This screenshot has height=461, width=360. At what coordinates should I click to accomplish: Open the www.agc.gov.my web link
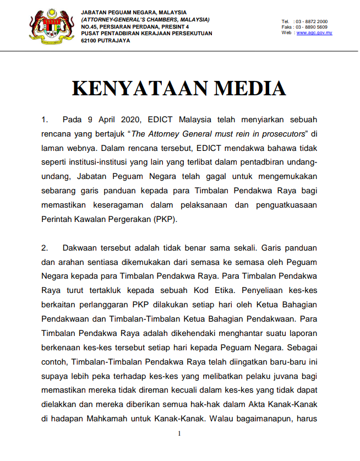pos(314,33)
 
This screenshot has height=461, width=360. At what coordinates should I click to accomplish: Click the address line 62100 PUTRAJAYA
pos(105,40)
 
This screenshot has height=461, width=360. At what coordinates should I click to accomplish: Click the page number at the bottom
pos(179,434)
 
